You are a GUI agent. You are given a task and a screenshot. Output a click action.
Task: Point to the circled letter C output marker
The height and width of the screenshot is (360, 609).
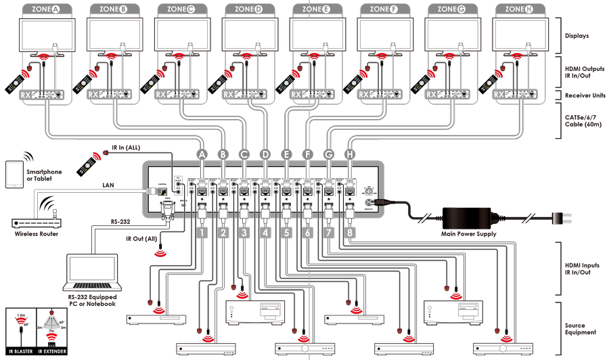click(x=244, y=154)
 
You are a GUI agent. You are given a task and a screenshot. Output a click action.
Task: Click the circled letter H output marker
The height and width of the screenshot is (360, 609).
click(x=350, y=154)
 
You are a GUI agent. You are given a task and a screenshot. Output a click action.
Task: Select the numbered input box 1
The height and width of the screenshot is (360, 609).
click(x=201, y=233)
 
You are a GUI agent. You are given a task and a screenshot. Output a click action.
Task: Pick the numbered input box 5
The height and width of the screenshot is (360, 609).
click(x=286, y=233)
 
